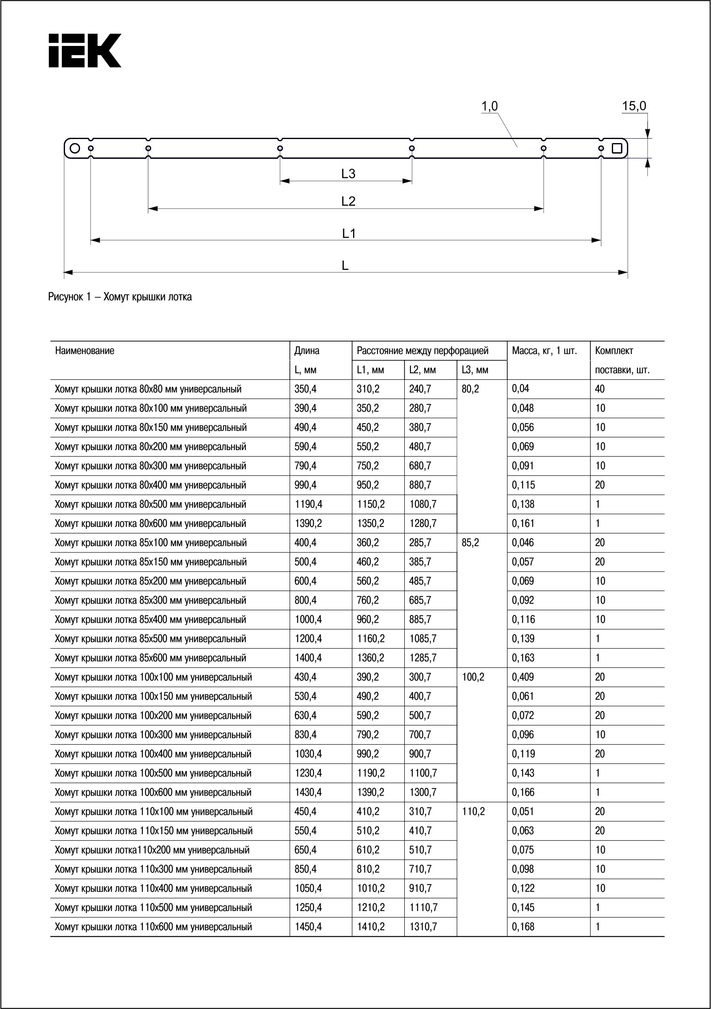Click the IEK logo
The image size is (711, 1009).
(x=85, y=50)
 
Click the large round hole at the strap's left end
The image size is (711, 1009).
(x=75, y=148)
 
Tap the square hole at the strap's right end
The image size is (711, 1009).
(x=617, y=148)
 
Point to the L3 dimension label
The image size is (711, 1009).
(x=348, y=174)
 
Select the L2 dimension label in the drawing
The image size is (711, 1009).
(x=348, y=201)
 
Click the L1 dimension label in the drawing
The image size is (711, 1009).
(x=349, y=234)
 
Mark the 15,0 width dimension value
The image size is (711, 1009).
(x=634, y=106)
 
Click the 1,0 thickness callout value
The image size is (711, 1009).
(x=489, y=106)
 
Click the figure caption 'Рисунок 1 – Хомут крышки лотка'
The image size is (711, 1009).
(x=120, y=297)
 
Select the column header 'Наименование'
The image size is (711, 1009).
(x=85, y=351)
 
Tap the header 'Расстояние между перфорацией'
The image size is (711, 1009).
(x=423, y=351)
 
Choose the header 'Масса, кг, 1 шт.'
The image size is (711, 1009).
(x=544, y=351)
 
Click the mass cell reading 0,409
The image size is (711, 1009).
(x=522, y=677)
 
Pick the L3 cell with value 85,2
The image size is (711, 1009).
(x=470, y=543)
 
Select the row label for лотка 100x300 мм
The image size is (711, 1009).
(x=153, y=735)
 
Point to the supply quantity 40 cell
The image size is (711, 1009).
(x=600, y=389)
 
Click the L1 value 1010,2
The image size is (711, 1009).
(x=371, y=888)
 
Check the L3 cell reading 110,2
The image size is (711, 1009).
(x=473, y=812)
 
